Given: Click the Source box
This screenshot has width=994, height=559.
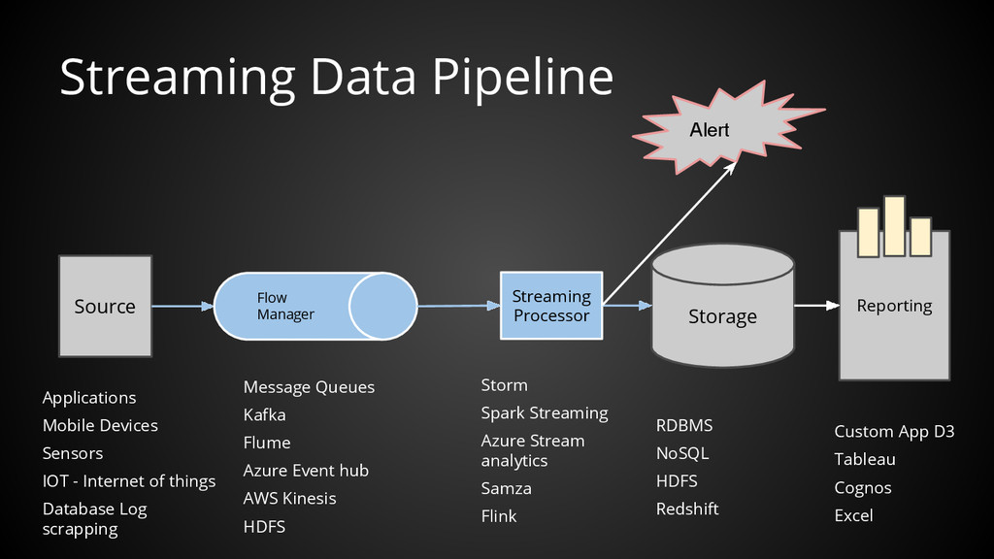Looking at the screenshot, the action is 105,306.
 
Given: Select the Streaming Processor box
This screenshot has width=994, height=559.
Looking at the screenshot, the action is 551,306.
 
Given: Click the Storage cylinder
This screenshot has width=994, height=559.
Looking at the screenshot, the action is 722,306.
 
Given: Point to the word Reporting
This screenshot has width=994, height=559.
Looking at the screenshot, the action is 894,306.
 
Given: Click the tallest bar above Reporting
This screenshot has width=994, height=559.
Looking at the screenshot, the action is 894,225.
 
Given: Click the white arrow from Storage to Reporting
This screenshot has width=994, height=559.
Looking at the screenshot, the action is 817,306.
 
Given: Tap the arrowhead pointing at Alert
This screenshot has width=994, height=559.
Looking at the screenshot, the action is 730,167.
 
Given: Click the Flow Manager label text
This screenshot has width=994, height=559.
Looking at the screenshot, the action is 285,306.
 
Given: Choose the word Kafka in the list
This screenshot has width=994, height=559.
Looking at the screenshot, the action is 264,415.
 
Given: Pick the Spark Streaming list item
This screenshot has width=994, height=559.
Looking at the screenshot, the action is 545,413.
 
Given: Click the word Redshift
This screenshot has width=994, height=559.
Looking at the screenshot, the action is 687,509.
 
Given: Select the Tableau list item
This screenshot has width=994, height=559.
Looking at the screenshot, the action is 865,459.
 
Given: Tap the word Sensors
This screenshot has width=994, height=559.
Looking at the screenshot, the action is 72,453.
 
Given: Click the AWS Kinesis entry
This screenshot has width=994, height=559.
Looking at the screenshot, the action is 289,498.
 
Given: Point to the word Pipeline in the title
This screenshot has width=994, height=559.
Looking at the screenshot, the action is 523,78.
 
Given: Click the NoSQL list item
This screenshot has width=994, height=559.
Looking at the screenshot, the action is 682,453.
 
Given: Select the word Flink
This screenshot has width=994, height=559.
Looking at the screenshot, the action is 499,516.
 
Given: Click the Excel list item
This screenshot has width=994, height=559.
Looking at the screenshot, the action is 853,516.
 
